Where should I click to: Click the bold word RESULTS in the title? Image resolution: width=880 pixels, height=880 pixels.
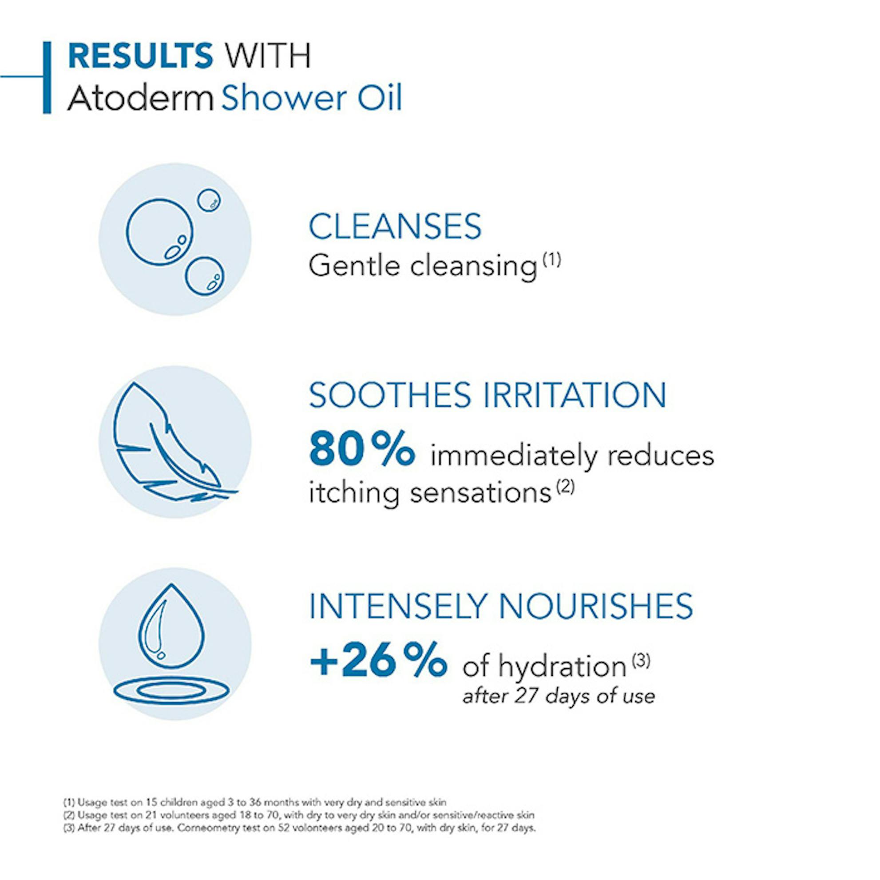pos(140,55)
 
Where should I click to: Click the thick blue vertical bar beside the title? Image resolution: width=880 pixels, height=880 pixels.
pos(47,77)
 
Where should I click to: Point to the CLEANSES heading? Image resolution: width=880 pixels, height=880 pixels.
pos(395,226)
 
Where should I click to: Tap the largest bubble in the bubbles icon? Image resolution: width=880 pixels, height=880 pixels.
pos(159,232)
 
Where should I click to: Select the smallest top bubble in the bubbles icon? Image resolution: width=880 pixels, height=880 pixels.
pos(209,200)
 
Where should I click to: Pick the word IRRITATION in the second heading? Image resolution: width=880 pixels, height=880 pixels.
pos(575,395)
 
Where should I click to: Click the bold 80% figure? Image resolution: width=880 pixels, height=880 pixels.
pos(362,450)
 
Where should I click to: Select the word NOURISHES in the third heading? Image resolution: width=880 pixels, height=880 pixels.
pos(596,606)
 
